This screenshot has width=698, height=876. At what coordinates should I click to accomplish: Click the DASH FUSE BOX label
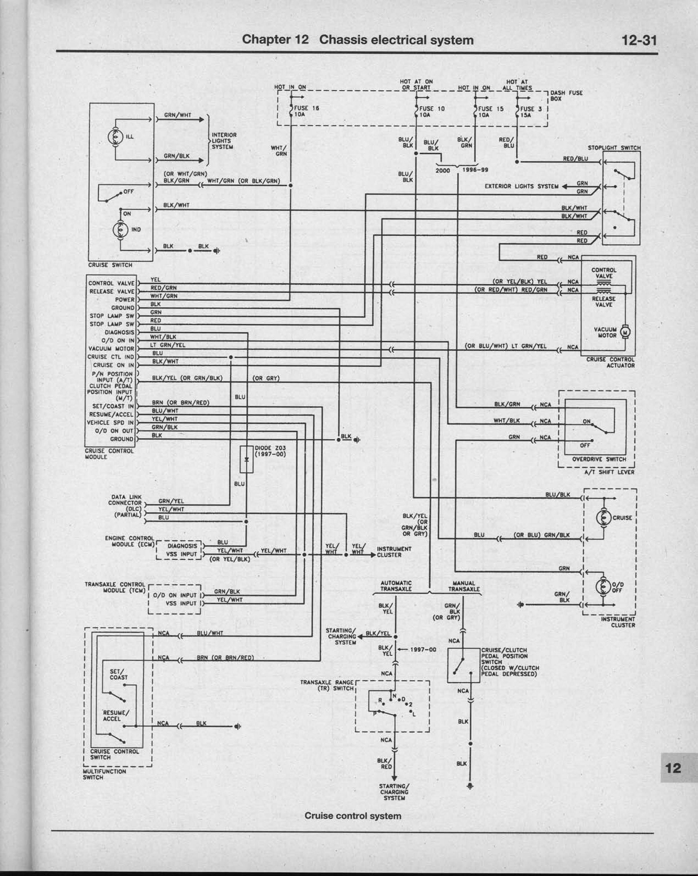(566, 96)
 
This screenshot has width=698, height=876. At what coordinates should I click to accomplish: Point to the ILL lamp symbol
(115, 137)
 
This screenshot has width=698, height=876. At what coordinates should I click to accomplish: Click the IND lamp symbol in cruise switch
(120, 229)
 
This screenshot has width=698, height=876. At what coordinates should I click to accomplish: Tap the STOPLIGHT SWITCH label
(614, 148)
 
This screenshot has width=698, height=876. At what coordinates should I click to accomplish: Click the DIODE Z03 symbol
(246, 459)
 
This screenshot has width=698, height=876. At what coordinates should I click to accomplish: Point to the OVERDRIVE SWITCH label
(599, 459)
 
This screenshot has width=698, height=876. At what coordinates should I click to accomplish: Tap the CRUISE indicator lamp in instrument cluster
(603, 518)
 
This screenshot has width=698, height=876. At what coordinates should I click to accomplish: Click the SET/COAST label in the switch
(118, 674)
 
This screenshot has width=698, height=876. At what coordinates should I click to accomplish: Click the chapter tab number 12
(673, 768)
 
